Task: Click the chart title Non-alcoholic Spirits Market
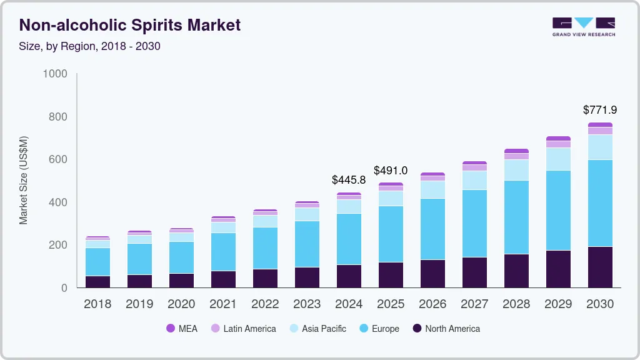coord(130,26)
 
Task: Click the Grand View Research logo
coord(583,27)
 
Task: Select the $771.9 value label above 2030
coord(599,110)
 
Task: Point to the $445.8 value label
coord(349,180)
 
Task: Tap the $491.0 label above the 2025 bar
coord(391,170)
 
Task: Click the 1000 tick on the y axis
coord(55,74)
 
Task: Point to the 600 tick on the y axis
coord(58,160)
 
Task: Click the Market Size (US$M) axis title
coord(24,180)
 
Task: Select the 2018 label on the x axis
coord(97,304)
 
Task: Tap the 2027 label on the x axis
coord(474,304)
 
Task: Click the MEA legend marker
coord(171,328)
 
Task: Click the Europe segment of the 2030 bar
coord(600,203)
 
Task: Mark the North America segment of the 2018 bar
coord(97,281)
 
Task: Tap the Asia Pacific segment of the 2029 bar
coord(558,159)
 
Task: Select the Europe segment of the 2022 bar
coord(265,248)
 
